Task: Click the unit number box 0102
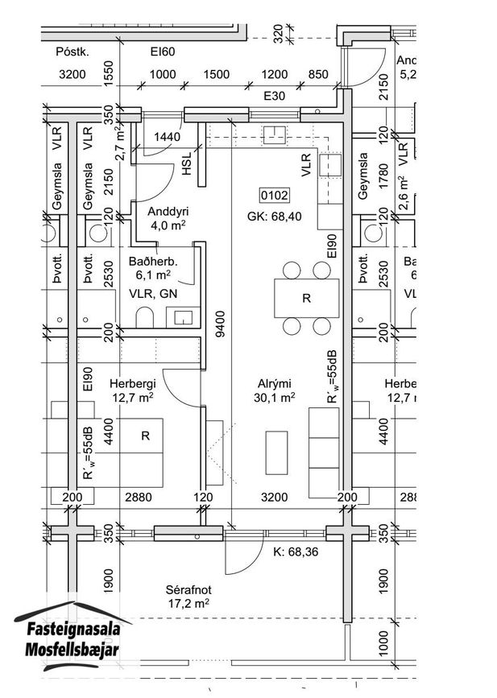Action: (275, 195)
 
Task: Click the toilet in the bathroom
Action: (144, 317)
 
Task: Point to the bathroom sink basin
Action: (183, 317)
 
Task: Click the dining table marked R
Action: (306, 298)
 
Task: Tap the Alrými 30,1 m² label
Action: (275, 390)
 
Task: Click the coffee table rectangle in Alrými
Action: (276, 452)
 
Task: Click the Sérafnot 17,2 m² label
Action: (188, 597)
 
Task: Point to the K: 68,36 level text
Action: (296, 551)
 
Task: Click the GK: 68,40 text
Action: (275, 217)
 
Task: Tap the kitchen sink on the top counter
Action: (274, 135)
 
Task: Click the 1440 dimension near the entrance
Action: (167, 137)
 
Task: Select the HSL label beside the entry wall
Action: (187, 163)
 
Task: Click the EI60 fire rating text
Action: (163, 52)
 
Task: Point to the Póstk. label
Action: (72, 52)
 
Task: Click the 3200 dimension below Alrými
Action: (275, 497)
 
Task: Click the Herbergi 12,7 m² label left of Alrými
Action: (133, 390)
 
